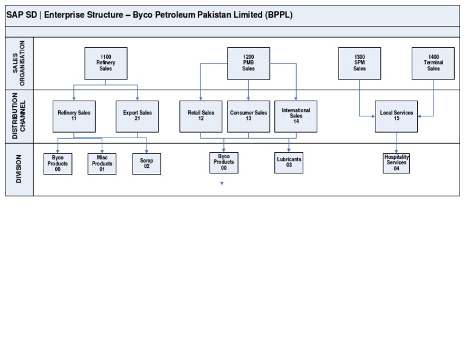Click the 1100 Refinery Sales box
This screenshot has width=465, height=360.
pyautogui.click(x=106, y=63)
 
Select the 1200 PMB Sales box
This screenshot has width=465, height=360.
pyautogui.click(x=248, y=63)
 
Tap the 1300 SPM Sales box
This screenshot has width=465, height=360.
pyautogui.click(x=360, y=63)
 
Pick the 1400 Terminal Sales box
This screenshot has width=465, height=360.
pyautogui.click(x=433, y=63)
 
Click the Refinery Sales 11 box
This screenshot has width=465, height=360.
pyautogui.click(x=74, y=116)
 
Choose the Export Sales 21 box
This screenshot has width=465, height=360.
pyautogui.click(x=137, y=116)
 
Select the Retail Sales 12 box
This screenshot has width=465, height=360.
pyautogui.click(x=201, y=116)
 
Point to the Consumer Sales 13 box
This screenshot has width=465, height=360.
pyautogui.click(x=248, y=116)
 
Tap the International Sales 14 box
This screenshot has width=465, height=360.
pyautogui.click(x=295, y=116)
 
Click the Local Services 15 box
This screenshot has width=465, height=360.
pyautogui.click(x=397, y=116)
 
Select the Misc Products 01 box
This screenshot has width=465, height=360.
pyautogui.click(x=102, y=164)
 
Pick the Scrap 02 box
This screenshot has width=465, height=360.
pyautogui.click(x=147, y=164)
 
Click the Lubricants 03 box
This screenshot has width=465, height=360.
pyautogui.click(x=289, y=162)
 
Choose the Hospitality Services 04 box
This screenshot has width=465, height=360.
pyautogui.click(x=397, y=162)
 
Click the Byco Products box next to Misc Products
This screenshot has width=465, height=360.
pyautogui.click(x=58, y=164)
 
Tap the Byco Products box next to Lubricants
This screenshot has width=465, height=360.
pyautogui.click(x=224, y=162)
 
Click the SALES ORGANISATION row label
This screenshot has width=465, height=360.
pyautogui.click(x=19, y=63)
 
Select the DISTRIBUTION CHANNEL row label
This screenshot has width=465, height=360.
pyautogui.click(x=19, y=116)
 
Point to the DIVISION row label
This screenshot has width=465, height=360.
pyautogui.click(x=19, y=169)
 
